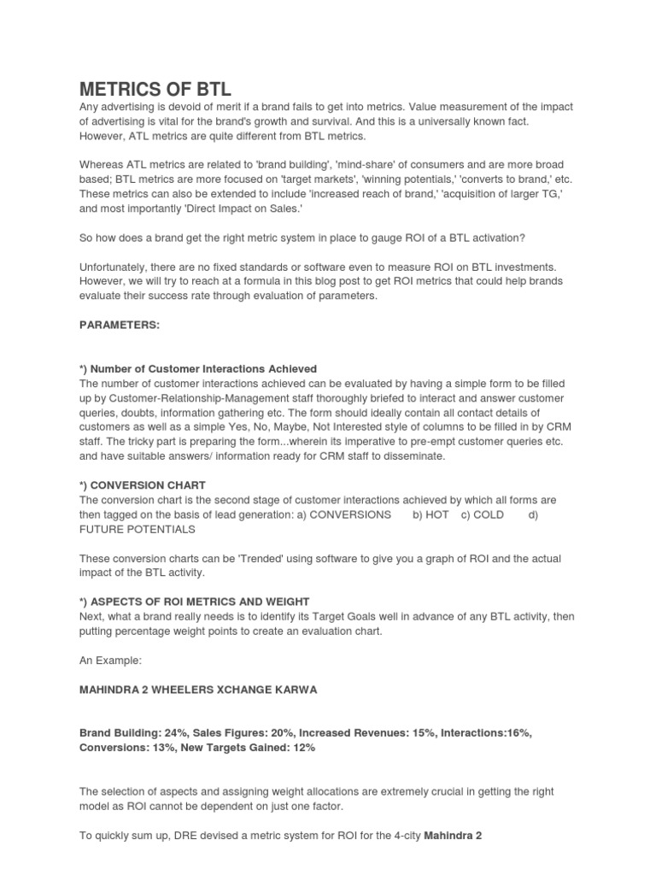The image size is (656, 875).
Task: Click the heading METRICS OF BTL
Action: pos(155,89)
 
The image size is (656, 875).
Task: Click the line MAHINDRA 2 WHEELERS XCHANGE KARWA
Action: pos(198,690)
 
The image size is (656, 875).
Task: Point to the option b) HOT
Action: pos(430,514)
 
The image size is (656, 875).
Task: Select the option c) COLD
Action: pos(483,514)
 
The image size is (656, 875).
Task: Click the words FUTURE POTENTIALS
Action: pos(138,529)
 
